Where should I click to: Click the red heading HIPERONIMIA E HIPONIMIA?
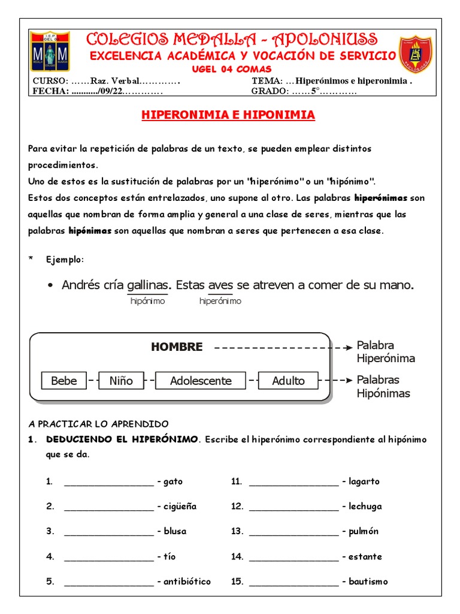click(x=228, y=115)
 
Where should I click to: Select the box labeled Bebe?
click(x=64, y=381)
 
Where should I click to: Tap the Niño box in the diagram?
click(x=121, y=381)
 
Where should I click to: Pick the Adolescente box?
click(x=201, y=381)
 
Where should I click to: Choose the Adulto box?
click(x=288, y=381)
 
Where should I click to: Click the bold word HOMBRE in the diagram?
click(x=177, y=347)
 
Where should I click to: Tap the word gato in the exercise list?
click(x=173, y=481)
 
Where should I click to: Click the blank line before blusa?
click(x=108, y=532)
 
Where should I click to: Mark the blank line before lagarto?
click(x=293, y=482)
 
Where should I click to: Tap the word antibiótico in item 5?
click(x=187, y=582)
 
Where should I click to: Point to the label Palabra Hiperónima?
click(x=386, y=352)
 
